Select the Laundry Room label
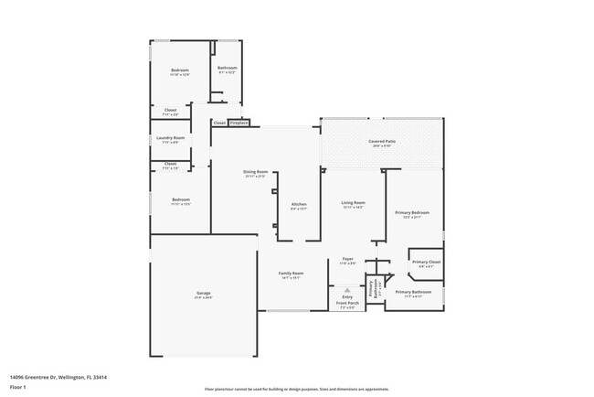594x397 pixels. (x=171, y=137)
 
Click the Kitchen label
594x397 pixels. (x=299, y=204)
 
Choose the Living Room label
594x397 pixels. (x=353, y=202)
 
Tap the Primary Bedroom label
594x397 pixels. (x=411, y=213)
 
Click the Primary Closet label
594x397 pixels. (x=426, y=263)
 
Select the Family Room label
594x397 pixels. (x=291, y=274)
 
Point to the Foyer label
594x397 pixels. (x=347, y=260)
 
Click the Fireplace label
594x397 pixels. (x=239, y=123)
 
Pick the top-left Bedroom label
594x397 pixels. (x=180, y=71)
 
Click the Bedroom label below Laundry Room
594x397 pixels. (x=181, y=199)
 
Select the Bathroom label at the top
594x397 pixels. (x=228, y=69)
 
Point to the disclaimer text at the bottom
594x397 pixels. (x=296, y=388)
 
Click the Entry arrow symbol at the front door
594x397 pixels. (x=347, y=289)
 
